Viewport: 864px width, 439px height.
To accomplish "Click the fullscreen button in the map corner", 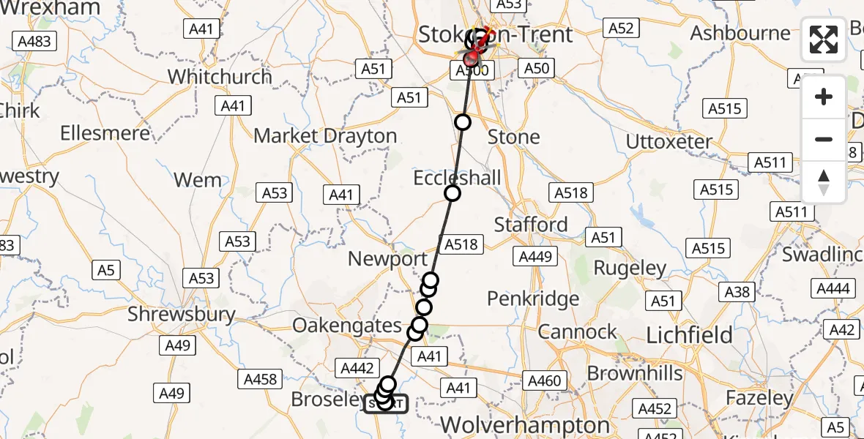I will point(824,40).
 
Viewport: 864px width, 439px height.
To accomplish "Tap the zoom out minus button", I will point(824,139).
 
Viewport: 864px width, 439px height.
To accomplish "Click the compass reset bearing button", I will point(824,182).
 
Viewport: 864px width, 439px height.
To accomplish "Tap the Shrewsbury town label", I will point(182,315).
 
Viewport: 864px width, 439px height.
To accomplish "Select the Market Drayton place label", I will point(325,136).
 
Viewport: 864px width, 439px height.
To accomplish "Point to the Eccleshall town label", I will point(458,178).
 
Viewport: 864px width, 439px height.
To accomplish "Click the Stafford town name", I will point(531,224).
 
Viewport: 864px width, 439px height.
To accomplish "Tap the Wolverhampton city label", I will point(526,425).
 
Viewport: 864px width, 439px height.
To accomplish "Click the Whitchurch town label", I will point(220,77).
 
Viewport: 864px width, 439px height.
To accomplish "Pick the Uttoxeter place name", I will point(669,141).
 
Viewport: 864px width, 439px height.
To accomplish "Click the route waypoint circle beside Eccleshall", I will point(453,193).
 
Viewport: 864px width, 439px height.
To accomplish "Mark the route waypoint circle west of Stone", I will point(462,122).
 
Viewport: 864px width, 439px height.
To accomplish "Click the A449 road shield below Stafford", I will point(536,257).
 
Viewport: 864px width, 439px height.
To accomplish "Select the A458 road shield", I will point(259,379).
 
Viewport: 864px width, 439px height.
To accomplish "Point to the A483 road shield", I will point(34,41).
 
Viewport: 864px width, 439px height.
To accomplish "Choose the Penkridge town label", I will point(533,299).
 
